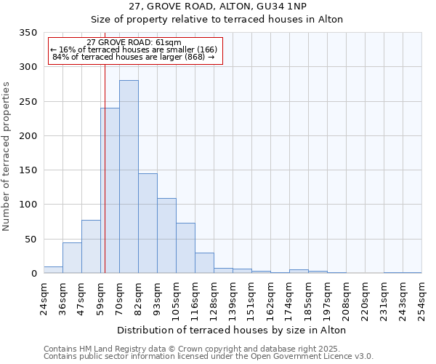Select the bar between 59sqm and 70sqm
click(110, 191)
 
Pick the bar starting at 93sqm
click(166, 236)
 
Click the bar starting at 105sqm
click(185, 248)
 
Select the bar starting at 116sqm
click(204, 263)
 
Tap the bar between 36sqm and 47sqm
click(72, 258)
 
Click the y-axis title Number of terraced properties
click(7, 157)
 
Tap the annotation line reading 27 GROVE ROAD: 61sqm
click(134, 43)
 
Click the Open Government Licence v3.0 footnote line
click(209, 357)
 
